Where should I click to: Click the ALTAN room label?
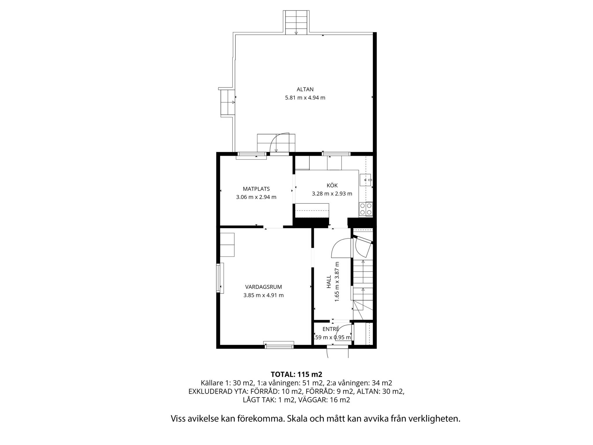305,89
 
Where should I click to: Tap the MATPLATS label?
256,189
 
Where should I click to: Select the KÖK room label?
332,185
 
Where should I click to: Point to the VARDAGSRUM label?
263,287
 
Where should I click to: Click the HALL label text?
329,282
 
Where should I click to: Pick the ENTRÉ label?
331,329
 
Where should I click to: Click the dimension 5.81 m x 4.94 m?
305,98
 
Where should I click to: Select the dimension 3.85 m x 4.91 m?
263,296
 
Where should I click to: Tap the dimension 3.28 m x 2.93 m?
332,194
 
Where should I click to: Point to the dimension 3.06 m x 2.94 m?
256,197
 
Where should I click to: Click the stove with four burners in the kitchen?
366,209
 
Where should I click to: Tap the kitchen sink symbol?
366,180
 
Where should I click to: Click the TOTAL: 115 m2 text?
296,374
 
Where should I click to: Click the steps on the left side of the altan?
228,102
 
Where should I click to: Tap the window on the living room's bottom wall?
279,345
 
